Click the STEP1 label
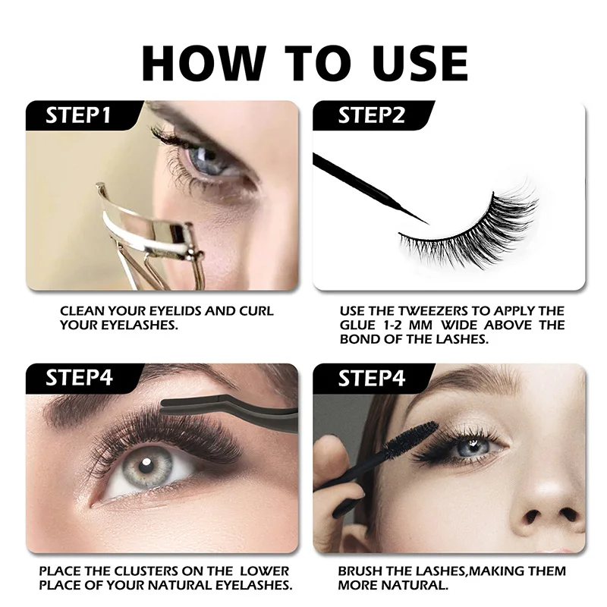tap(78, 115)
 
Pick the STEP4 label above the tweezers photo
tap(78, 378)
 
